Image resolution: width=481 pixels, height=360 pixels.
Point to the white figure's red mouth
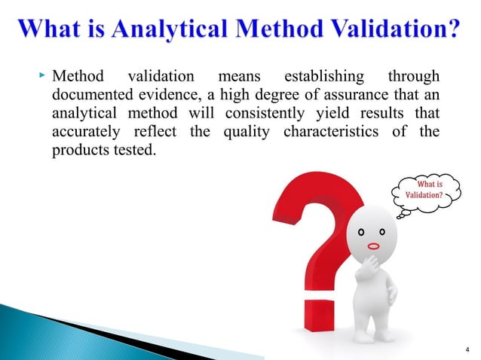coord(372,246)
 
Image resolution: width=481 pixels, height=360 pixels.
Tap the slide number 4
coord(467,348)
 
